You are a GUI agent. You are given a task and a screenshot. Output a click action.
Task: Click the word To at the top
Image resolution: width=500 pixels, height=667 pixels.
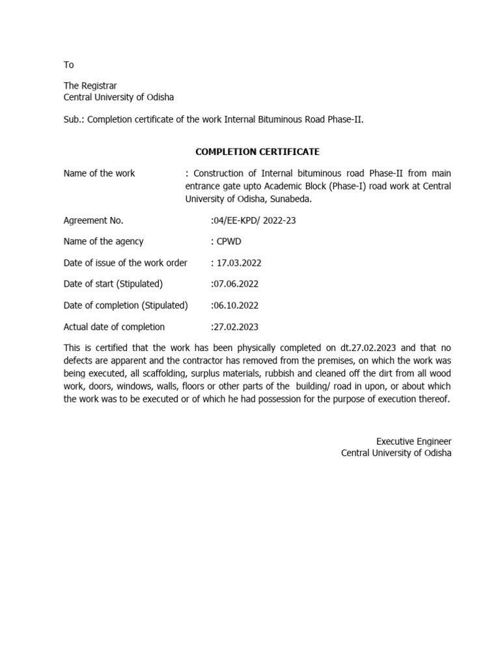pyautogui.click(x=68, y=64)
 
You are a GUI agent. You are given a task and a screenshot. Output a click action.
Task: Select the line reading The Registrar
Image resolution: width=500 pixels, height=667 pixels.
pyautogui.click(x=90, y=85)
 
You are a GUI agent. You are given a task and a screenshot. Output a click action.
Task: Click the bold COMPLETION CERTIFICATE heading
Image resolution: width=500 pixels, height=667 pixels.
pyautogui.click(x=257, y=152)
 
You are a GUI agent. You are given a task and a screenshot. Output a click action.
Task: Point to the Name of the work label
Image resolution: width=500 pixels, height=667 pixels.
pyautogui.click(x=99, y=173)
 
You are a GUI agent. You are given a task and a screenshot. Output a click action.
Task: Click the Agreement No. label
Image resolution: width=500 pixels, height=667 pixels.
pyautogui.click(x=93, y=220)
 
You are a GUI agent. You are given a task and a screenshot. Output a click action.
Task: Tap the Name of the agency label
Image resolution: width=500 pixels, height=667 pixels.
pyautogui.click(x=104, y=241)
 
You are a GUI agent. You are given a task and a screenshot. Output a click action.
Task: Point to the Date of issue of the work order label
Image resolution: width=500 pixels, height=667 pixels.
pyautogui.click(x=125, y=263)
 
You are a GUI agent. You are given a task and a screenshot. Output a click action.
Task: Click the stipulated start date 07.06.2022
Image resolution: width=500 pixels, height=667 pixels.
pyautogui.click(x=236, y=284)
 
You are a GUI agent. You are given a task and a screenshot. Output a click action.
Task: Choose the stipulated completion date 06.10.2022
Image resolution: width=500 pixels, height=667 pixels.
pyautogui.click(x=236, y=305)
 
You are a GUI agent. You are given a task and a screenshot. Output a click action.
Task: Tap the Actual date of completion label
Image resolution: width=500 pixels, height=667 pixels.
pyautogui.click(x=114, y=326)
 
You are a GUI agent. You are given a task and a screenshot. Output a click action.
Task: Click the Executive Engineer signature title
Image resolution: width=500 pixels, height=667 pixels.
pyautogui.click(x=413, y=441)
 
